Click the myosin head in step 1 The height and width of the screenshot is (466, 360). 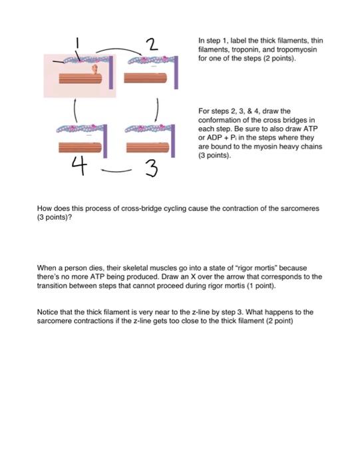point(94,69)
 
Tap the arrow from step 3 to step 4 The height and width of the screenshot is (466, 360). point(116,168)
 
